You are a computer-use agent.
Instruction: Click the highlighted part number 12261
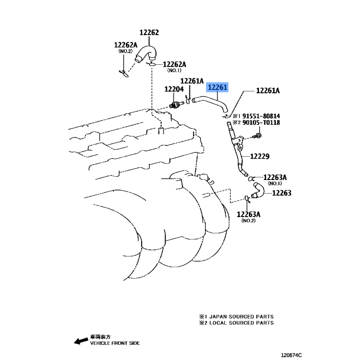217,87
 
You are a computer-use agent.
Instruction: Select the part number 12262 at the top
149,32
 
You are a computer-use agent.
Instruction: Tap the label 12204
174,89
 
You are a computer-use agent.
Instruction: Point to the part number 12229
260,156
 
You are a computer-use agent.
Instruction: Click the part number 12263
282,193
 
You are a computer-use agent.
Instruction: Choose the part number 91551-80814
261,116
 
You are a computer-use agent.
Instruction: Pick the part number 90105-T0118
261,122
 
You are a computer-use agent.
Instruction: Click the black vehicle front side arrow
81,341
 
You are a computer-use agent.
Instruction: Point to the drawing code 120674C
291,355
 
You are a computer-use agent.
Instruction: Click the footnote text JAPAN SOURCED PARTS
242,317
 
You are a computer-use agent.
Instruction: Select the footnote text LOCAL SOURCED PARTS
242,323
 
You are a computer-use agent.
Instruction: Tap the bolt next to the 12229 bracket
257,136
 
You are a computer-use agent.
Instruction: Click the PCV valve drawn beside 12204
176,104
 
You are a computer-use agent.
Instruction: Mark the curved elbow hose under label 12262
145,54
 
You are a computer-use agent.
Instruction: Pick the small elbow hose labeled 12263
258,190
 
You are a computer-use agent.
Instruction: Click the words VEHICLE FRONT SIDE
115,343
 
